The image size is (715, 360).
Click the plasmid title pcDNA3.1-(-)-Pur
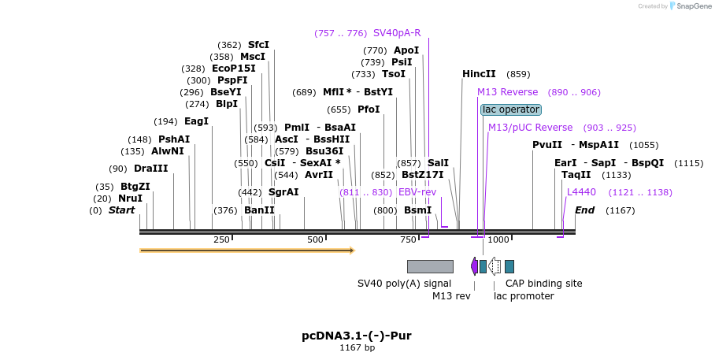pos(356,336)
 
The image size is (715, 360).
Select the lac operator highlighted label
pos(511,109)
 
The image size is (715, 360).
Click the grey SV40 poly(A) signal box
pos(430,266)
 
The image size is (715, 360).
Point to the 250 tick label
pos(221,239)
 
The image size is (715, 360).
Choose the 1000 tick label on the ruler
pos(498,239)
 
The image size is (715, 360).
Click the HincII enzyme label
pos(479,74)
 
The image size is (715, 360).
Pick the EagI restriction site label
pos(196,121)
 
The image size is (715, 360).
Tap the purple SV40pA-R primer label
pos(397,33)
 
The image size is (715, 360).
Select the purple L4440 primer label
pos(582,192)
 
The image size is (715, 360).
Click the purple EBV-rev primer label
pos(417,192)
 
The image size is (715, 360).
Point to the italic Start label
pos(121,210)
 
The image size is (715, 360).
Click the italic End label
pos(584,210)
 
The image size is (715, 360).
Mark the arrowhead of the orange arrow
pos(352,251)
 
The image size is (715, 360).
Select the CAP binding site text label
pos(543,284)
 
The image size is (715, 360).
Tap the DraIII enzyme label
pos(150,169)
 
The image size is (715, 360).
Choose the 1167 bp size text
pos(357,347)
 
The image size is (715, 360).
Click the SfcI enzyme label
pos(258,45)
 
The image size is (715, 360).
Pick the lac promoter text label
pos(524,296)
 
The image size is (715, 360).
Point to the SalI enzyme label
pos(438,163)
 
